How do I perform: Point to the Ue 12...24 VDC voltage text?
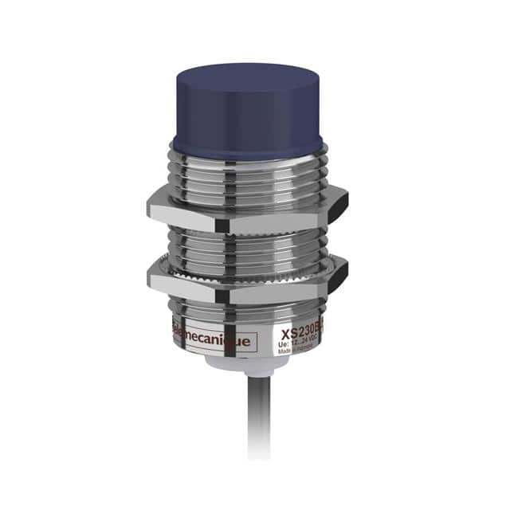(297, 343)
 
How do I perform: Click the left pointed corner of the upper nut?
(149, 206)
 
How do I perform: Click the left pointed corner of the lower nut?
(149, 276)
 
